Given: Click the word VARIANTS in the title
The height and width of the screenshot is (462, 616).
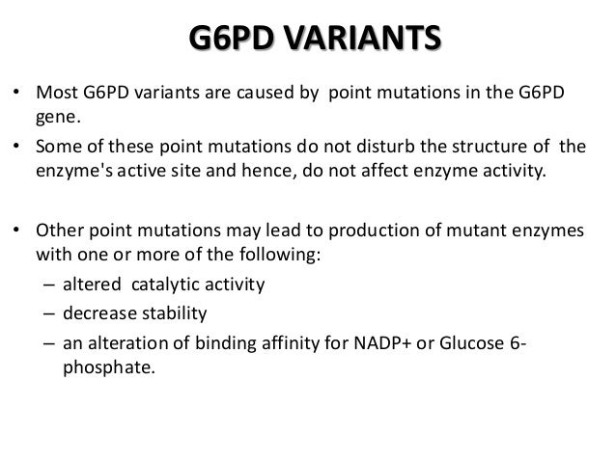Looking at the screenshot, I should coord(362,43).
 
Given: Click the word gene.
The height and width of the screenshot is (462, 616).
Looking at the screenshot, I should coord(56,117).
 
